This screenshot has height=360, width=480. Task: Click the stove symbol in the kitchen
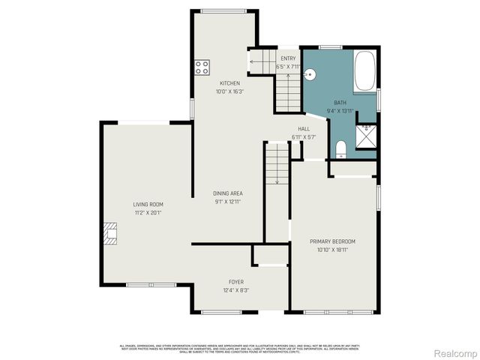click(202, 67)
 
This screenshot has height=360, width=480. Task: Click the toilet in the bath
click(340, 148)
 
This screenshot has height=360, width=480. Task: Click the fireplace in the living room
click(110, 234)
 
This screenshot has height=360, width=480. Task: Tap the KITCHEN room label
click(229, 82)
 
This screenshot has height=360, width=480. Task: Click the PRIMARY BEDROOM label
click(332, 241)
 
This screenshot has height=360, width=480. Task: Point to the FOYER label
click(236, 282)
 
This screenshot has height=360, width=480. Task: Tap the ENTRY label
click(288, 58)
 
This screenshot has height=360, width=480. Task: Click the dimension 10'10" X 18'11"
click(332, 249)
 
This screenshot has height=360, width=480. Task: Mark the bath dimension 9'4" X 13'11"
click(340, 110)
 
